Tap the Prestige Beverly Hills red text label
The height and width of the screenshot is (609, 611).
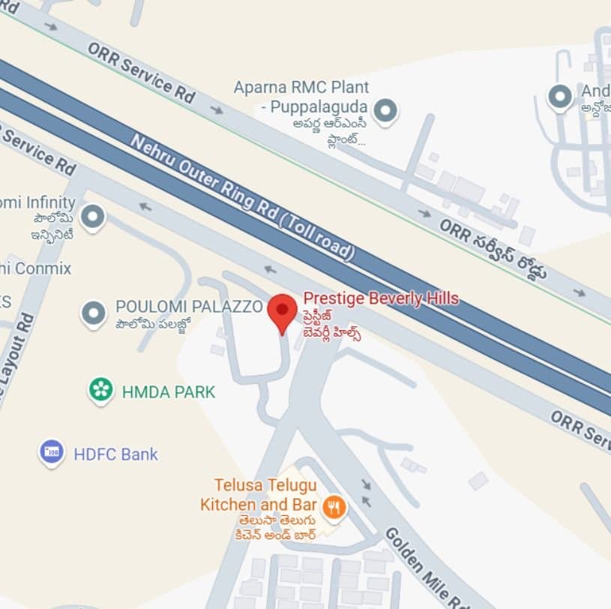[380, 298]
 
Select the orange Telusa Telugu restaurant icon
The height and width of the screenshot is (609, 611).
[334, 508]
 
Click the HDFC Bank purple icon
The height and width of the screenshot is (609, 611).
[51, 452]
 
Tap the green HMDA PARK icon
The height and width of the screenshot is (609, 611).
[100, 389]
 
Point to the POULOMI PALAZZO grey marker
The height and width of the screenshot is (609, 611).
[93, 313]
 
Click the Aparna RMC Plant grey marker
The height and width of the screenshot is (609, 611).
[385, 111]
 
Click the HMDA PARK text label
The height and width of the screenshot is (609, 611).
[168, 391]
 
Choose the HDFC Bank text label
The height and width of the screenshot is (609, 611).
[115, 454]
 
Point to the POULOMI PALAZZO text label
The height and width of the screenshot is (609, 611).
[189, 307]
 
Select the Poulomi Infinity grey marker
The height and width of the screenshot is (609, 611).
[92, 217]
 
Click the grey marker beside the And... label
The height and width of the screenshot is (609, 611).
[559, 97]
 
